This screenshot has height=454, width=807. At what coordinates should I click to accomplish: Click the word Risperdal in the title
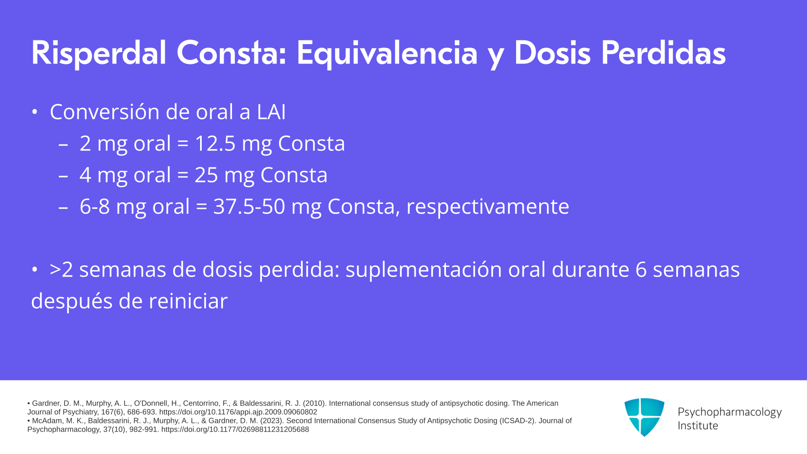pyautogui.click(x=99, y=53)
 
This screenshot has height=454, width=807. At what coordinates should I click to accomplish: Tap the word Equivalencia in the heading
pyautogui.click(x=387, y=54)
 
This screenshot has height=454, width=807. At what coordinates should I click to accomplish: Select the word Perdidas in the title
pyautogui.click(x=663, y=53)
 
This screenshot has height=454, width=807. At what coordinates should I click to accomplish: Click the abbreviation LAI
pyautogui.click(x=272, y=112)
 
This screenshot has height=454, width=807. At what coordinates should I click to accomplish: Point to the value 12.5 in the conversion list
pyautogui.click(x=215, y=143)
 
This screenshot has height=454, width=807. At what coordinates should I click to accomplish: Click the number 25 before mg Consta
pyautogui.click(x=206, y=175)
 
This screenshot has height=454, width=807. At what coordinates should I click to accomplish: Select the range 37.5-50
pyautogui.click(x=249, y=206)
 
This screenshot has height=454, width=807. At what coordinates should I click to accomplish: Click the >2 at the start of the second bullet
pyautogui.click(x=61, y=269)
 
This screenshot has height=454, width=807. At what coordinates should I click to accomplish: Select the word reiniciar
pyautogui.click(x=188, y=301)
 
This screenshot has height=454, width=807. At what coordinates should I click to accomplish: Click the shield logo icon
pyautogui.click(x=644, y=417)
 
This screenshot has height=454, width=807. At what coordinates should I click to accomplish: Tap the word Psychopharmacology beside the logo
pyautogui.click(x=730, y=412)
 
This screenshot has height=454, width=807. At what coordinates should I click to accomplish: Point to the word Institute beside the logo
pyautogui.click(x=698, y=426)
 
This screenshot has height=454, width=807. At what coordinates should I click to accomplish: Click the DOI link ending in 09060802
pyautogui.click(x=238, y=412)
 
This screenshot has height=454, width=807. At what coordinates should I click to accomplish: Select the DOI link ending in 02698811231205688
pyautogui.click(x=235, y=430)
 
